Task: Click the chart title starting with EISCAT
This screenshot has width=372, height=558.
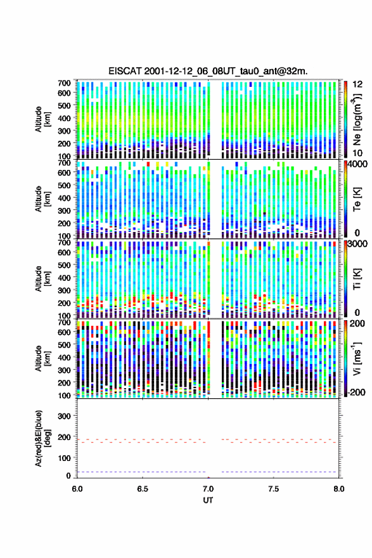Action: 208,71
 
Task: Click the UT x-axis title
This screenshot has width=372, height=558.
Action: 208,500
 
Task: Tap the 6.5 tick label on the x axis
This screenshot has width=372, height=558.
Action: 143,489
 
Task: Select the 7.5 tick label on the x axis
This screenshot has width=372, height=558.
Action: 274,489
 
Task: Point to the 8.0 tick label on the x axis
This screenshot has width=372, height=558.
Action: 338,489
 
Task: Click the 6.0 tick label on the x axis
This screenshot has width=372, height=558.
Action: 77,489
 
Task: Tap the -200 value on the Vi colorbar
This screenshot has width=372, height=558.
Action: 356,392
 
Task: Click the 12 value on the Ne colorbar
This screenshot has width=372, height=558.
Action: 357,84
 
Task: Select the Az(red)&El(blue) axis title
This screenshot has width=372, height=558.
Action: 42,438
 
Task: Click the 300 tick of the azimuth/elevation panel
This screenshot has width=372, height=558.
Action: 65,416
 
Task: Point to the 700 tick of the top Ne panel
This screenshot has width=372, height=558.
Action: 65,83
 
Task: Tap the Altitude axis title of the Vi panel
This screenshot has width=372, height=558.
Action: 42,358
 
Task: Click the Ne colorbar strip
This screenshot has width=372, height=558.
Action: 345,119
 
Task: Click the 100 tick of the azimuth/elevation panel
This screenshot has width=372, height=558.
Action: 65,458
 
